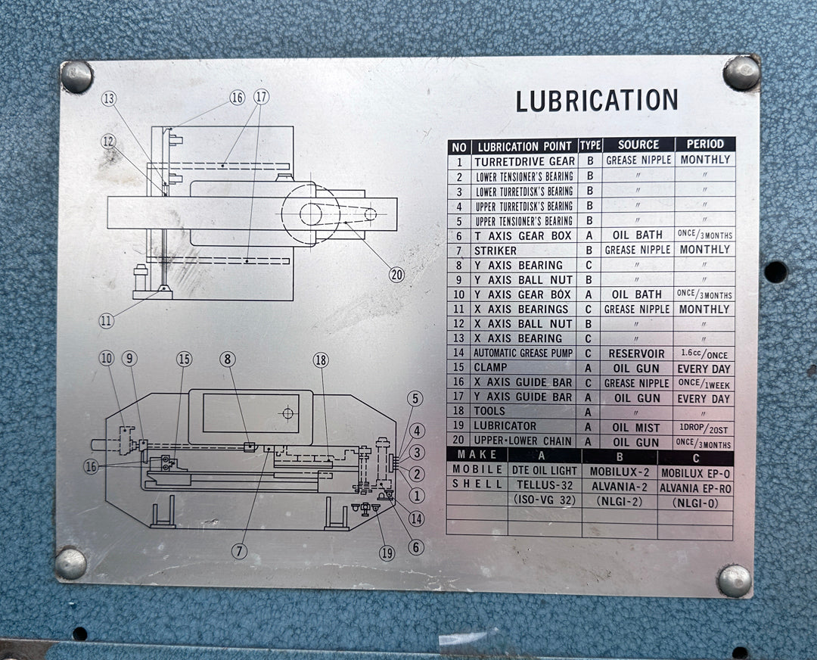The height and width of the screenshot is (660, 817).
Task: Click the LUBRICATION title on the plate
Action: click(x=597, y=100)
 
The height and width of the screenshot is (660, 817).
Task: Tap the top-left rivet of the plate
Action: click(x=77, y=76)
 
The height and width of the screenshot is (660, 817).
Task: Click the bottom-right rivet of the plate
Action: click(x=734, y=581)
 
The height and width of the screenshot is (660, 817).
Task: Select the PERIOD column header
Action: click(x=705, y=145)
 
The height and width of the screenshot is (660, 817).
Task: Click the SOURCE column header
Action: click(x=638, y=145)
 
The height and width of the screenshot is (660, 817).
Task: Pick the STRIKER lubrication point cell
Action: click(x=495, y=251)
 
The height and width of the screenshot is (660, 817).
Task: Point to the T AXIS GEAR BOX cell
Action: click(x=523, y=236)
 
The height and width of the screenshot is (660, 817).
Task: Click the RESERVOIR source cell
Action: click(x=636, y=353)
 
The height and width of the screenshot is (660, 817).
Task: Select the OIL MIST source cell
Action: click(x=636, y=428)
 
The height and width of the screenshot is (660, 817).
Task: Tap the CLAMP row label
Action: click(x=489, y=367)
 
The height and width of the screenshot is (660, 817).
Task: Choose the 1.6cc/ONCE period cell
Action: click(x=704, y=354)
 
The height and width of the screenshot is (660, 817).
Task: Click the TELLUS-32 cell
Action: click(x=544, y=485)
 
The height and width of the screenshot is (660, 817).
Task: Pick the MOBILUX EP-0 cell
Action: click(x=696, y=473)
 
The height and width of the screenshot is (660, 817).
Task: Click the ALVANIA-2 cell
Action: click(x=619, y=487)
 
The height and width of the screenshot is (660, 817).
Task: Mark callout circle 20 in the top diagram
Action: click(x=397, y=274)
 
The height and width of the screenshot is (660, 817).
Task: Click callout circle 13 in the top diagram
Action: click(x=109, y=98)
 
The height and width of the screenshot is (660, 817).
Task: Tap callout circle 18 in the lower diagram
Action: click(x=321, y=360)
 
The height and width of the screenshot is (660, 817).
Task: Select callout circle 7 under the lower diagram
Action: click(x=239, y=550)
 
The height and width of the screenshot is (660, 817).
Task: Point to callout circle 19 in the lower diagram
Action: click(x=387, y=553)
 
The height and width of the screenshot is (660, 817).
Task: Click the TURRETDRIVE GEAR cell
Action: click(x=524, y=162)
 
